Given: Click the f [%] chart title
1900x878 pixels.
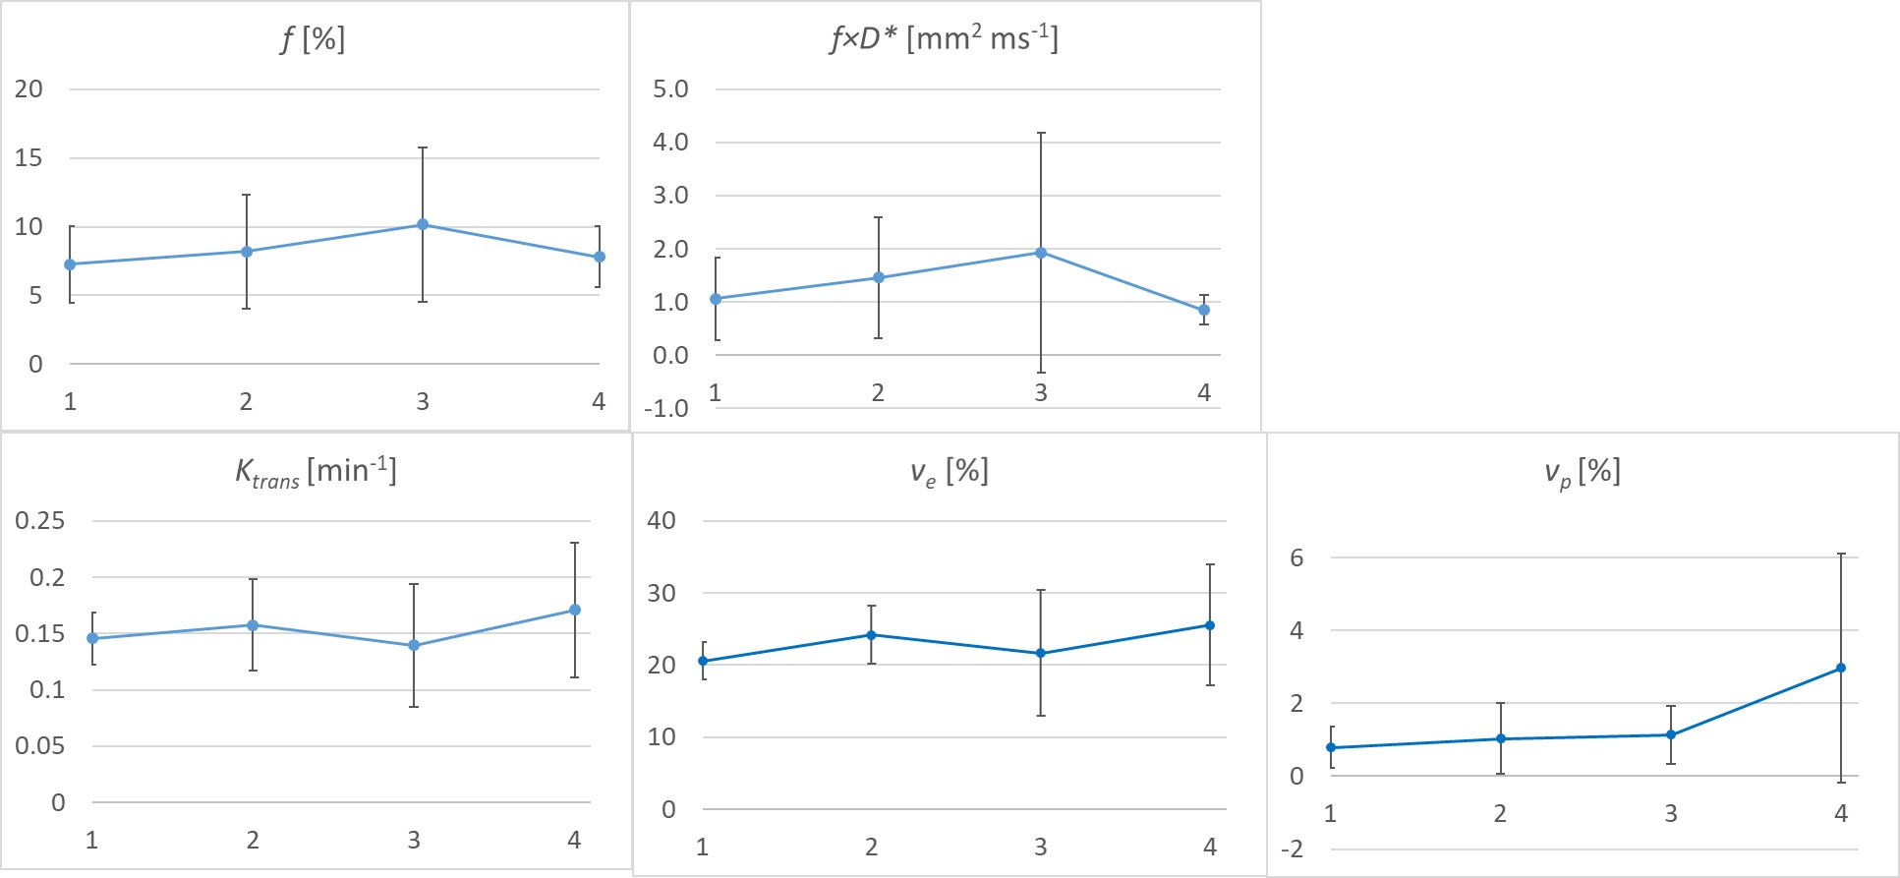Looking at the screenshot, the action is [x=313, y=39].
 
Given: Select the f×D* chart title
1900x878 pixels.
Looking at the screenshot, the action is [x=944, y=39].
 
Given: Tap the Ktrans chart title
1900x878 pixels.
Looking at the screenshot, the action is [x=316, y=472].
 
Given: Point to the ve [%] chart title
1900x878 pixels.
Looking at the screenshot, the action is [x=949, y=472].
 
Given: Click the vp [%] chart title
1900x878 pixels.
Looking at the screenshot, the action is [x=1582, y=472].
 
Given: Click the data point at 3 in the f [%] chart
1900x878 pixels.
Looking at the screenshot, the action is [x=423, y=224].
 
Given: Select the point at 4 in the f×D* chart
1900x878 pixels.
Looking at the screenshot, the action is [x=1204, y=310].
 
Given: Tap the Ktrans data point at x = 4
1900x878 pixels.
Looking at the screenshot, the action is [x=575, y=610].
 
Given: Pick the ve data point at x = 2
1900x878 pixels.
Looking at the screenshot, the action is [x=871, y=635].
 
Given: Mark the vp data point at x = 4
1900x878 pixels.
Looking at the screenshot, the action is [x=1841, y=668].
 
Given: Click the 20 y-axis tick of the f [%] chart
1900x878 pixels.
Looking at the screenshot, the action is [x=29, y=88].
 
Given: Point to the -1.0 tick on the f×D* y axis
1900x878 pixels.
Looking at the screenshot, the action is [x=666, y=408].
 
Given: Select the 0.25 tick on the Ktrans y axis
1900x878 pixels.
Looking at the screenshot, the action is [x=40, y=520].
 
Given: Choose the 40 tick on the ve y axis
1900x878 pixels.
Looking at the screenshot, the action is [x=662, y=520].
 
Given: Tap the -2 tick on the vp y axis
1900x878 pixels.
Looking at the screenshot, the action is [x=1293, y=849].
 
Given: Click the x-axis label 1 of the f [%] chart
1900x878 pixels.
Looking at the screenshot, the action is [x=70, y=401].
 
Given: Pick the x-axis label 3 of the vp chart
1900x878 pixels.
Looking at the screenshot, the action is [x=1671, y=813].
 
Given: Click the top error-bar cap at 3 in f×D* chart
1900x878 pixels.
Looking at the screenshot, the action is [x=1041, y=133].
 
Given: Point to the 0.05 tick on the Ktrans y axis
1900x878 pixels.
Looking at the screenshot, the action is [x=40, y=745].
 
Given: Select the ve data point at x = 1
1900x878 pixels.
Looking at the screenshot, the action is [x=703, y=661].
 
